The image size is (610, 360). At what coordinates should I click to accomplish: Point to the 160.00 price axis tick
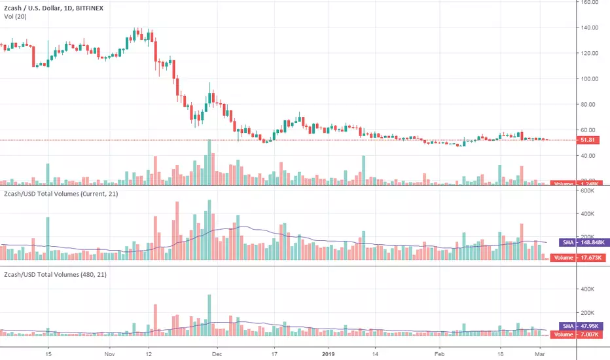pos(591,2)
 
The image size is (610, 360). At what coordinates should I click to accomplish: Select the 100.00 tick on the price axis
pos(591,79)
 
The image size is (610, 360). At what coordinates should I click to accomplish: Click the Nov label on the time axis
pos(109,353)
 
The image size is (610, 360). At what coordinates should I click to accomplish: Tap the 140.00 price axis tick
pos(591,27)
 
